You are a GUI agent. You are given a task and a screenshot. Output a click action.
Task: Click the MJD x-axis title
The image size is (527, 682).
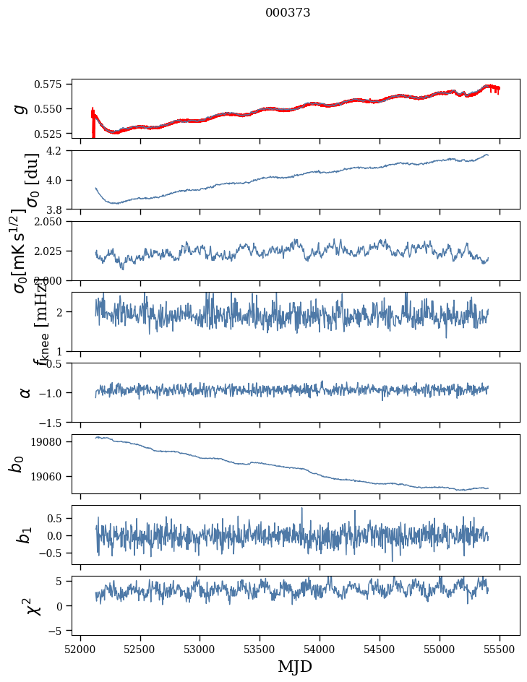(x=295, y=666)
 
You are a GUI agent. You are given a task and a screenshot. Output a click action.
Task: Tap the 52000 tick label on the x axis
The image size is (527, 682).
(x=80, y=649)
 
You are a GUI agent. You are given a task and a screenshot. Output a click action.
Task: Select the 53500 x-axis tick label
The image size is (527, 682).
(x=260, y=649)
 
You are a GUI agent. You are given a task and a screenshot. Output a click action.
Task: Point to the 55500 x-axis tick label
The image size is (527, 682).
(x=500, y=649)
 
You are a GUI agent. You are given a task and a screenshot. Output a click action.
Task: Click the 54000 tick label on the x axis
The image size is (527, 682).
(x=320, y=649)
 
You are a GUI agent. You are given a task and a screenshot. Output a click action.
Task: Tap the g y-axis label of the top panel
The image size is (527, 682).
(x=21, y=108)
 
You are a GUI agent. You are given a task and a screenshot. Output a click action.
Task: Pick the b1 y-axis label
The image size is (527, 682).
(x=25, y=535)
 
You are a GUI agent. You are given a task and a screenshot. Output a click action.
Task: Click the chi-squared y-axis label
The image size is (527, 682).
(x=33, y=605)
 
